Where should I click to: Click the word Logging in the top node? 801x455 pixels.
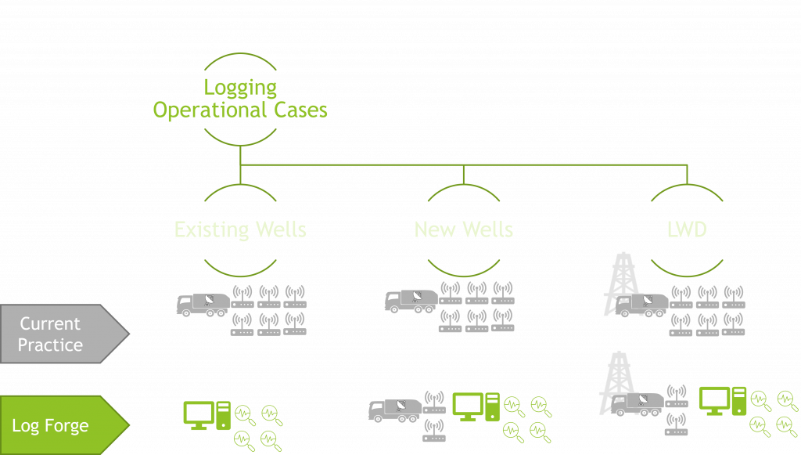pyautogui.click(x=240, y=88)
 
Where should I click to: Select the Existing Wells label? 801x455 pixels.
pyautogui.click(x=240, y=229)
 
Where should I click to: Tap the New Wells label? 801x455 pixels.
pyautogui.click(x=464, y=229)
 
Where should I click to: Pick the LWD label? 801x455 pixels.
pyautogui.click(x=688, y=229)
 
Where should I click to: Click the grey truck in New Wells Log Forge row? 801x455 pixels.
pyautogui.click(x=395, y=410)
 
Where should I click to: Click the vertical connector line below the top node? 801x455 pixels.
pyautogui.click(x=240, y=155)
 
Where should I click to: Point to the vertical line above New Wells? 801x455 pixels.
pyautogui.click(x=464, y=174)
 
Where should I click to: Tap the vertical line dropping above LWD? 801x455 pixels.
pyautogui.click(x=688, y=174)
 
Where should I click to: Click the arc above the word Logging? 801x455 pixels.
pyautogui.click(x=240, y=56)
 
